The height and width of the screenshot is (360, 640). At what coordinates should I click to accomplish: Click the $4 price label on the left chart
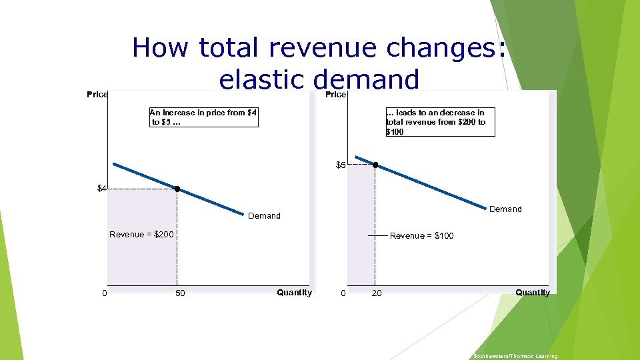[101, 189]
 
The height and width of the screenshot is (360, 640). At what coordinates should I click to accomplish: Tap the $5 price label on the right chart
[340, 165]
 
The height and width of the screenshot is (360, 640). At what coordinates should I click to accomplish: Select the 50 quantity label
[180, 293]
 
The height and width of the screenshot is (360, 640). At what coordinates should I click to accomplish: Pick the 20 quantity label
[377, 293]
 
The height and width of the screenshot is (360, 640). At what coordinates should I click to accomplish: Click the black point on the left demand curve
[177, 189]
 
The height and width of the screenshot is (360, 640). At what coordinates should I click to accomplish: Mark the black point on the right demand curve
[375, 165]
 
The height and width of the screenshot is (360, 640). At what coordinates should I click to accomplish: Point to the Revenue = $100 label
[421, 235]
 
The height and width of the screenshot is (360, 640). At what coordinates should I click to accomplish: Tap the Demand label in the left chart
[264, 216]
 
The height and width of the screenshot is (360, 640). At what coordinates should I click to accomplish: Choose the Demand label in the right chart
[505, 209]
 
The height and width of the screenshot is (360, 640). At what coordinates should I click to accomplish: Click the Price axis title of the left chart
[97, 94]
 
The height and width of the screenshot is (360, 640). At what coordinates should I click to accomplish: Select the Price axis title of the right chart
[335, 94]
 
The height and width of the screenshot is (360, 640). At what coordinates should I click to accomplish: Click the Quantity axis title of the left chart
[294, 292]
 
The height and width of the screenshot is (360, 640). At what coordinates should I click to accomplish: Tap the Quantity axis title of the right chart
[533, 292]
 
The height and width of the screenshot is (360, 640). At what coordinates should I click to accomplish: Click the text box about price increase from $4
[203, 117]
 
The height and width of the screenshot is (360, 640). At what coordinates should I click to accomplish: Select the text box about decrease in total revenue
[439, 122]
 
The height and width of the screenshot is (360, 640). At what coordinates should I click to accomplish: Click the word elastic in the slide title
[261, 79]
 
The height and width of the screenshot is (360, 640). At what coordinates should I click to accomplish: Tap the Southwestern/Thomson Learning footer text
[515, 356]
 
